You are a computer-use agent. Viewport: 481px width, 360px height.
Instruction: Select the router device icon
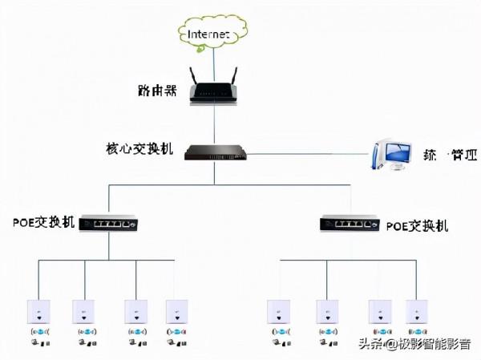click(x=213, y=91)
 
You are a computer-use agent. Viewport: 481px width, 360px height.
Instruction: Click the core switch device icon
click(x=213, y=151)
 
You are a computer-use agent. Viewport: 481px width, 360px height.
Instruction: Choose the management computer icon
click(x=393, y=154)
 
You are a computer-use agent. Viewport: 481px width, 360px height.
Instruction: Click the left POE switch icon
click(x=109, y=223)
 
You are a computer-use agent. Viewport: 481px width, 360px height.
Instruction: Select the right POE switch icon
click(x=350, y=224)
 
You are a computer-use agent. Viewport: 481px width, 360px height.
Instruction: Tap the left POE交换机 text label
click(x=44, y=222)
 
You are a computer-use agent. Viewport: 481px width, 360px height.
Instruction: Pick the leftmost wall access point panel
click(x=38, y=309)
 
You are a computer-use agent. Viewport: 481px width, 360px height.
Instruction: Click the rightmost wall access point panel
click(x=417, y=309)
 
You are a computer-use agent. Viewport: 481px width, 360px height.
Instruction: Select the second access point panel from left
click(x=84, y=309)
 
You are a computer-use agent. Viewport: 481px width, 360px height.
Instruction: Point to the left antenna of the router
click(x=194, y=77)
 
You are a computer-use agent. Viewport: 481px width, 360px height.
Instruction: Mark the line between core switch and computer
click(x=305, y=153)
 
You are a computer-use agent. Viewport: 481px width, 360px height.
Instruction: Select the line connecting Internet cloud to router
click(x=214, y=58)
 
